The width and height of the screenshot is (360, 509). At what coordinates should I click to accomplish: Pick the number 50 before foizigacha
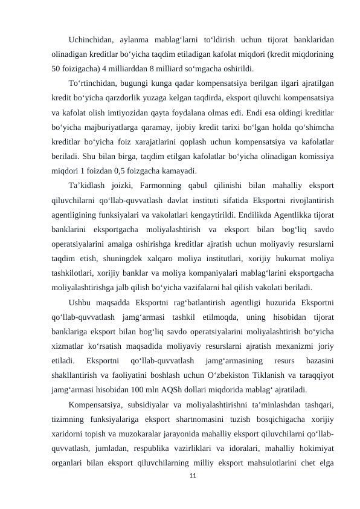point(58,68)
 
